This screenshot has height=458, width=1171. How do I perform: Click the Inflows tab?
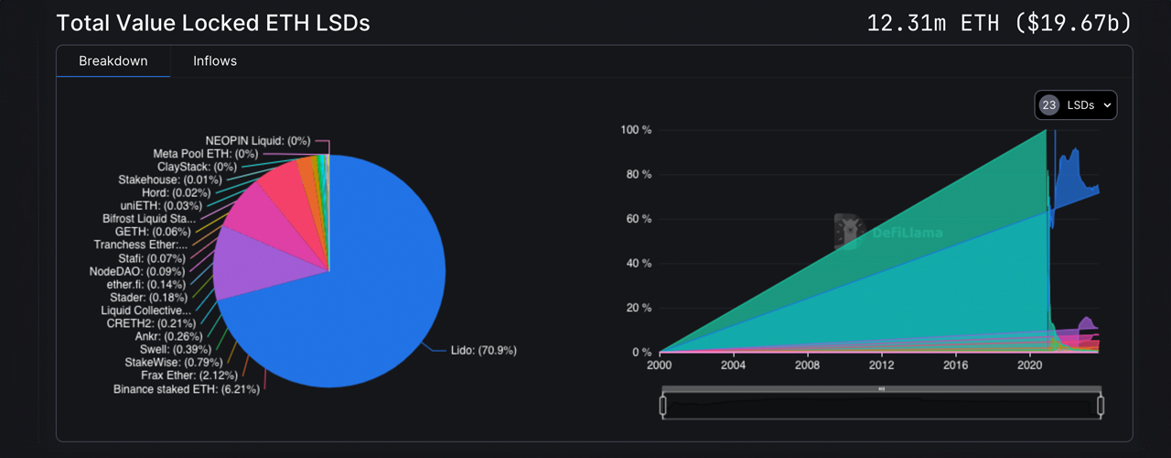215,61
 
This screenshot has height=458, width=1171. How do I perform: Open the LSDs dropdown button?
1076,105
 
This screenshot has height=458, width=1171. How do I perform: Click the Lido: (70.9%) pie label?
484,350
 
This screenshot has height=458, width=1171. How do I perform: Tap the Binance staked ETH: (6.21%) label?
187,389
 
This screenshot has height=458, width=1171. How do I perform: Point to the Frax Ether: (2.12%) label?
189,376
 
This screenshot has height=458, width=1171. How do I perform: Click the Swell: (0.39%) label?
176,350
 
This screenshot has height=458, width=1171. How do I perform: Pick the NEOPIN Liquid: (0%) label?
258,141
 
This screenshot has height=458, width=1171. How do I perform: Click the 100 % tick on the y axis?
635,130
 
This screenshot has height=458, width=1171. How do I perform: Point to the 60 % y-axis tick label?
637,219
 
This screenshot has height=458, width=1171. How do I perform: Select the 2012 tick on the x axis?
881,366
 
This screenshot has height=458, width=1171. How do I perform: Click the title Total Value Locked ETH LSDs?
213,23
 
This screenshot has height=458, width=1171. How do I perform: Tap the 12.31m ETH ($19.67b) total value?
999,23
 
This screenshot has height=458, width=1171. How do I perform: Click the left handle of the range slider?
661,404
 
